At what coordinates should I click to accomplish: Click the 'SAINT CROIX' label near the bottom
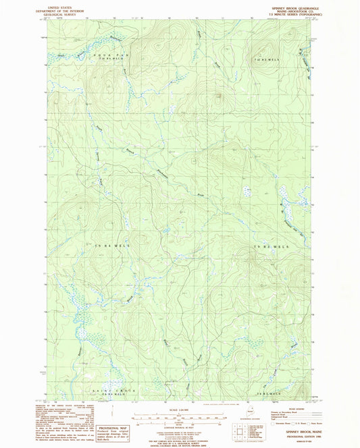[108, 391]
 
